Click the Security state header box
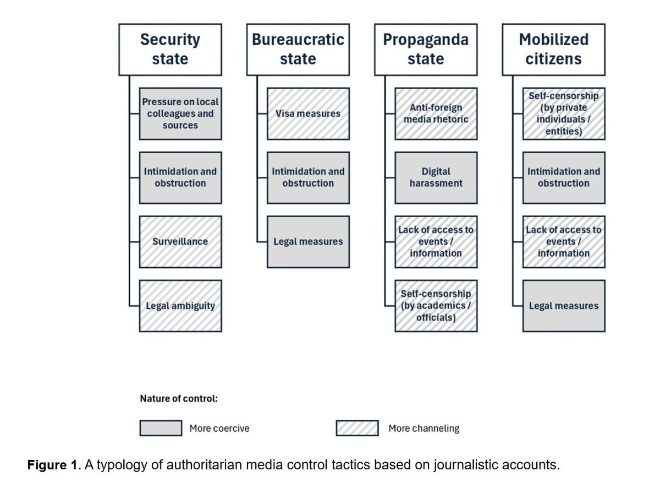(x=170, y=50)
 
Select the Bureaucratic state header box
(x=298, y=50)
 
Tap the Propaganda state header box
(x=426, y=50)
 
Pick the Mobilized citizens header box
(x=553, y=50)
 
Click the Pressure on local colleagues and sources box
(x=180, y=113)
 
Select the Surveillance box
(x=180, y=242)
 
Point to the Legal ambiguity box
(x=180, y=306)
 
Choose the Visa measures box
(x=308, y=113)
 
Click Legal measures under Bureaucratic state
(x=308, y=242)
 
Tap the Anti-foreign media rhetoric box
(x=436, y=113)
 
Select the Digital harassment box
(x=436, y=177)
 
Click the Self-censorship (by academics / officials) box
(x=436, y=306)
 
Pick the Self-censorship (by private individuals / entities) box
(x=564, y=113)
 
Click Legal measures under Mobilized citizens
(x=564, y=306)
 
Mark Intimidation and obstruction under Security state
(x=180, y=177)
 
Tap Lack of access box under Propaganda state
(x=436, y=242)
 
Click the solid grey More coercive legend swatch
(x=161, y=428)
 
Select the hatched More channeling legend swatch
(x=357, y=428)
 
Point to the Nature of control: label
(x=179, y=398)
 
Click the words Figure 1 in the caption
(x=48, y=465)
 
